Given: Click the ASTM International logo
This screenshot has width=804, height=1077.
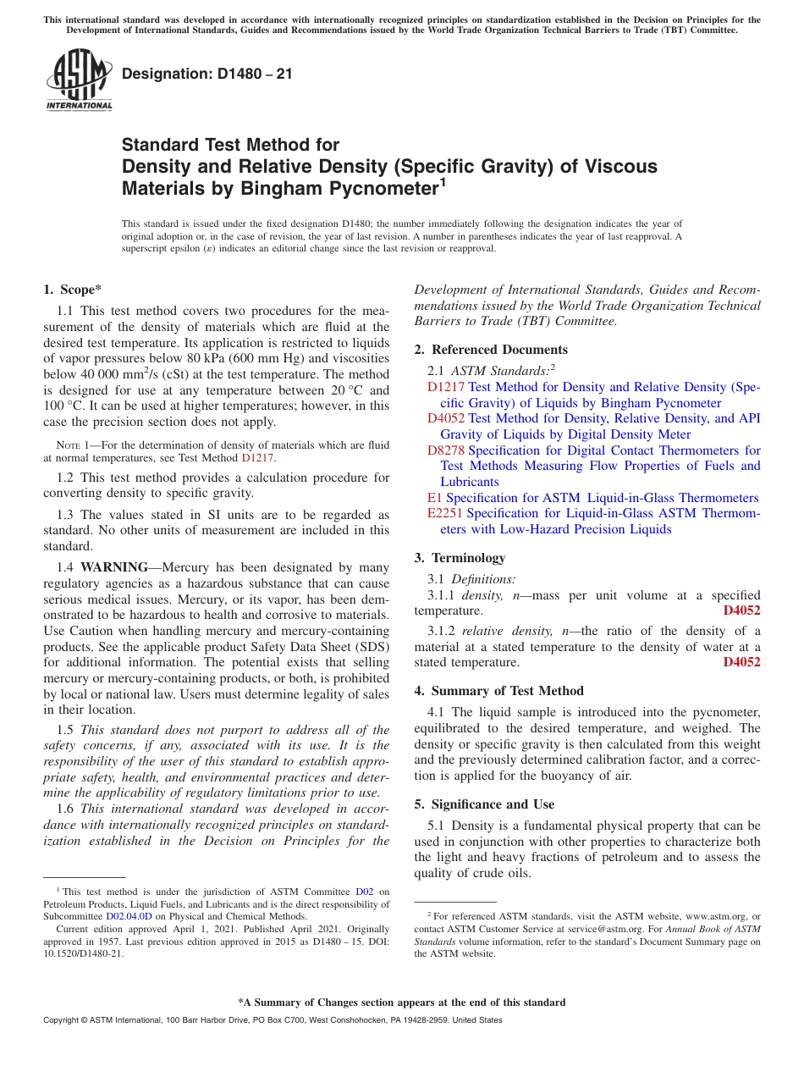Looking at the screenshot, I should [x=79, y=80].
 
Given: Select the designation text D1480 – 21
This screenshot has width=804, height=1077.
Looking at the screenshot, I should [x=207, y=74].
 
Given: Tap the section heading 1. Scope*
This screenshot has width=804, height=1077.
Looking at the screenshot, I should [x=73, y=290].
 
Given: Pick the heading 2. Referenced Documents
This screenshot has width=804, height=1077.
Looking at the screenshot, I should [x=491, y=350].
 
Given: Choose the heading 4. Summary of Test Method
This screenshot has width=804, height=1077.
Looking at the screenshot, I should [x=498, y=691].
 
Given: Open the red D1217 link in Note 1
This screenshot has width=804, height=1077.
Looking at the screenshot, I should [x=258, y=458].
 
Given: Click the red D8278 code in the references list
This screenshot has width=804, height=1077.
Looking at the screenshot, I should [x=445, y=450].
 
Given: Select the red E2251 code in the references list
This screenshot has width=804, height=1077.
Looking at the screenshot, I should [x=444, y=514].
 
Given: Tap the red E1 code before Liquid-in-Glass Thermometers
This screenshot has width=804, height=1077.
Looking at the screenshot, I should [x=435, y=498].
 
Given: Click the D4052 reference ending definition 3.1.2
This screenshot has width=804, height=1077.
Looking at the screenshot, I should [x=741, y=662].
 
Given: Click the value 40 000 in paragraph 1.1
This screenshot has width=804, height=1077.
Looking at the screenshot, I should [x=98, y=375].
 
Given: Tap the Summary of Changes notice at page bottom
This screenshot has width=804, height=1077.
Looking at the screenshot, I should [x=401, y=1002].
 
